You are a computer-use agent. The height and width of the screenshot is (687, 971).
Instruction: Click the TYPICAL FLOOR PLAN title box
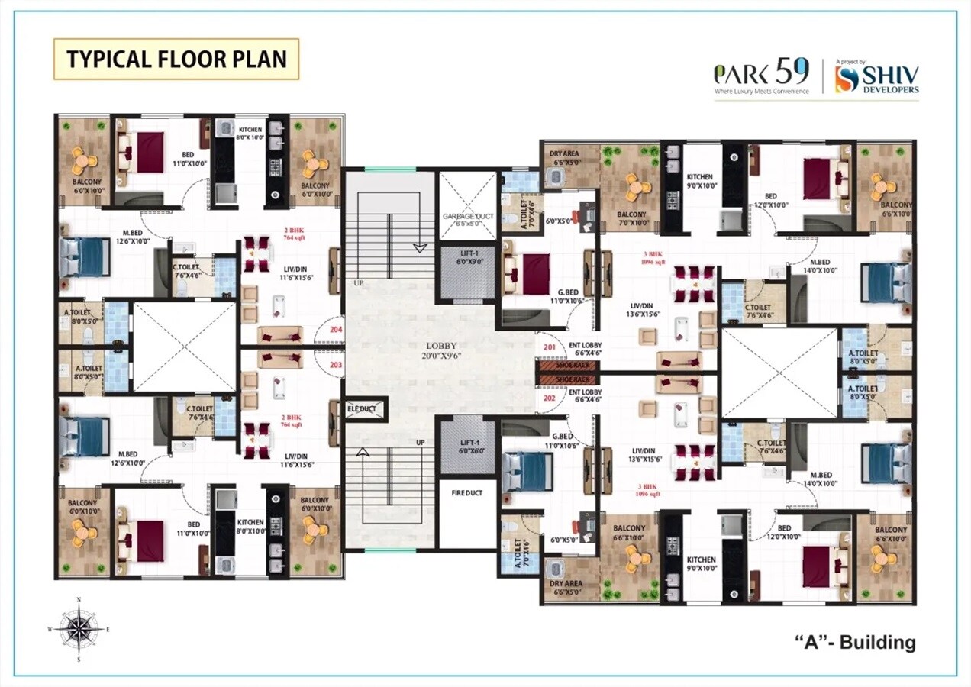[176, 60]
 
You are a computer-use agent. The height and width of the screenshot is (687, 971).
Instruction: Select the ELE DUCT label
[362, 408]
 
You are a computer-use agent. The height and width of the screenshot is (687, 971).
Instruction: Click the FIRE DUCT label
[466, 492]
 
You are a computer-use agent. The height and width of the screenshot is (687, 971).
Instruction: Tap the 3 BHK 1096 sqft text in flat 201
[650, 256]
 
